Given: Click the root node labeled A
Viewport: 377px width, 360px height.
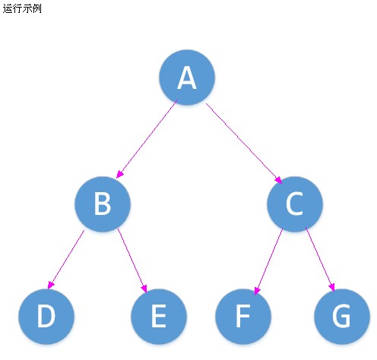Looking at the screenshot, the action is (187, 77).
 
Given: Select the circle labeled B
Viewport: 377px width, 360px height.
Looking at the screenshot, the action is (103, 204).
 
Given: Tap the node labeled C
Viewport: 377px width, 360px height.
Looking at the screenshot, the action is (295, 204).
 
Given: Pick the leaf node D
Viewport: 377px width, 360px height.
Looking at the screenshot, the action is (46, 317).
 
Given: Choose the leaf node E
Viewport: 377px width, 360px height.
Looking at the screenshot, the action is (159, 317).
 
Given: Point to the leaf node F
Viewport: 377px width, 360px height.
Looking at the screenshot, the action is (243, 317).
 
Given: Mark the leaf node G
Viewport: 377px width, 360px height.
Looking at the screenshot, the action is (342, 317).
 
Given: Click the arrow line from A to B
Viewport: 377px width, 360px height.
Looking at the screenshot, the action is (147, 139).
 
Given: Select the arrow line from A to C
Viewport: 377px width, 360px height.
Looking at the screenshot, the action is (244, 144).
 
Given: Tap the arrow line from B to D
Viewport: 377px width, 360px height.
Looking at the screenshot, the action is (66, 260).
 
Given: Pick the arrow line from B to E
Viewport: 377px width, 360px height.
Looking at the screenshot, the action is (132, 261).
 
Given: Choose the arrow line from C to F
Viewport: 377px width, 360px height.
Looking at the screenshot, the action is (268, 261).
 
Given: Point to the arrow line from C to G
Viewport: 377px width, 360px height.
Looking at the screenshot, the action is (320, 260).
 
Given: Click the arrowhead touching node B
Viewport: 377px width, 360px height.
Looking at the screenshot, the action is (119, 175).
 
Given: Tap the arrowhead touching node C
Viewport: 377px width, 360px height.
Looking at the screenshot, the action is (278, 180).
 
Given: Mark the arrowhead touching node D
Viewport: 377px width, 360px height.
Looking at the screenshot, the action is (51, 285).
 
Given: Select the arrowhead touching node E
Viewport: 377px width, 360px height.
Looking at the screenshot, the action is (144, 289).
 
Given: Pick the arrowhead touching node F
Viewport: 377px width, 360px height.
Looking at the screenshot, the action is (257, 291).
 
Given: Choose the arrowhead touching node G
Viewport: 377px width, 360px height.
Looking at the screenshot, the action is (332, 288).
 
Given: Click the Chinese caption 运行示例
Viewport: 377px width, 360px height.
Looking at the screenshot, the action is (22, 8).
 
